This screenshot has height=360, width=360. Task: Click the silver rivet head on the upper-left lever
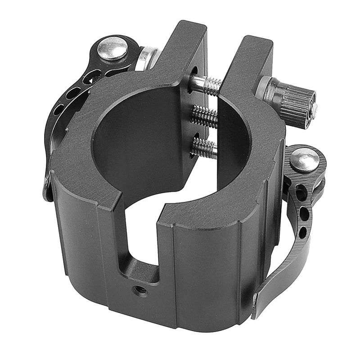(x=112, y=48)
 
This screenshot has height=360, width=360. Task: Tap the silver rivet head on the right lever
(x=304, y=160)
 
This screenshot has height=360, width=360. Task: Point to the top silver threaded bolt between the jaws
(x=206, y=85)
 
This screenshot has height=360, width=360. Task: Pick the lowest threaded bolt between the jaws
(x=205, y=147)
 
